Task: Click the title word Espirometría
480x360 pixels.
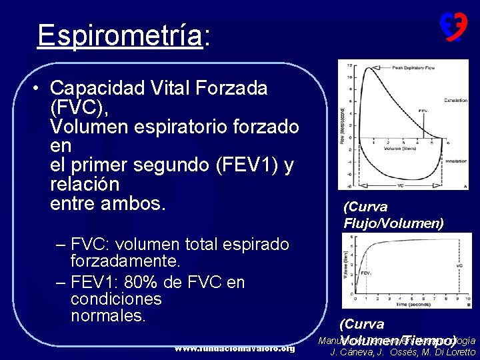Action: [x=120, y=35]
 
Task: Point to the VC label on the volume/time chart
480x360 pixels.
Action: [x=459, y=265]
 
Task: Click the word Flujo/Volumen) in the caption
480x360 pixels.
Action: [x=393, y=223]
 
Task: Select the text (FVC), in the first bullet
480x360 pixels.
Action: [x=79, y=107]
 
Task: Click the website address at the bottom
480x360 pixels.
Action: [x=234, y=349]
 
